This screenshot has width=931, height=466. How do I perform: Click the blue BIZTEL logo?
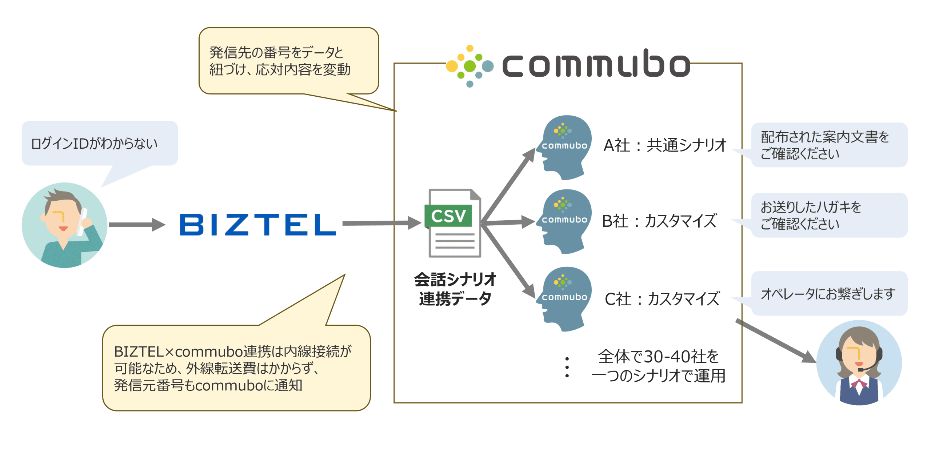[x=257, y=224]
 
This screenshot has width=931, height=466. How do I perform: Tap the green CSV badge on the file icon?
[x=448, y=216]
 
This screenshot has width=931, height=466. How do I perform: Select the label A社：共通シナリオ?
[x=665, y=145]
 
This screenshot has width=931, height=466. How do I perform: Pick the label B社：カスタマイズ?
[x=659, y=221]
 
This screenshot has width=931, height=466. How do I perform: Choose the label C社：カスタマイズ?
[x=662, y=299]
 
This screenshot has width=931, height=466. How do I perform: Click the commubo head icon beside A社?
[x=564, y=147]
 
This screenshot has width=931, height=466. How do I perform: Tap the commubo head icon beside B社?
[x=564, y=221]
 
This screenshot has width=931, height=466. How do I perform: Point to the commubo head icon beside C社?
[x=564, y=299]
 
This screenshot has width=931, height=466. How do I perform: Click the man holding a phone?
[x=64, y=225]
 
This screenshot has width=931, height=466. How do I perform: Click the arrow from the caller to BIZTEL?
[x=136, y=225]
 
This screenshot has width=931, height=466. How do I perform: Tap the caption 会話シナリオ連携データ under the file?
[x=455, y=289]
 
